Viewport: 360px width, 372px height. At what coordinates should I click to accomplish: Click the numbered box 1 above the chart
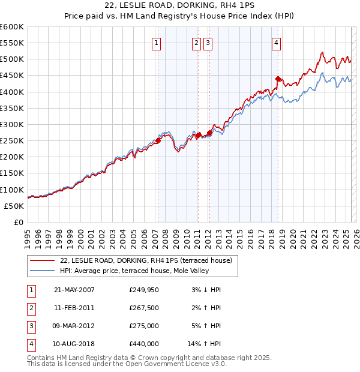tap(156, 42)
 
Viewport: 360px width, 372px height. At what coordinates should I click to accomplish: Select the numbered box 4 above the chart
tap(276, 42)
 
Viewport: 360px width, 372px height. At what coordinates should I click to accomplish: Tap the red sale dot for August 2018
tap(278, 79)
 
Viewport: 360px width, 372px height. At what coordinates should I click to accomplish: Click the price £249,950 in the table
tap(144, 290)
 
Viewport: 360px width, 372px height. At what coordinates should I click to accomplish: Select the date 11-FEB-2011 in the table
tap(74, 308)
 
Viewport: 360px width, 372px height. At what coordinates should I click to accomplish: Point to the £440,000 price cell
tap(144, 344)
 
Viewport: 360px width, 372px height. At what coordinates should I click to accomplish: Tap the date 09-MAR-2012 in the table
tap(74, 326)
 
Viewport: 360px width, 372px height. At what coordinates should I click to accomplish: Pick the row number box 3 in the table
tap(31, 326)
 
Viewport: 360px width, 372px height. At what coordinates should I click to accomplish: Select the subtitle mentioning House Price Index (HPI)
tap(179, 17)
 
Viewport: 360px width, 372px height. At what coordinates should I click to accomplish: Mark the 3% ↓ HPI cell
tap(206, 290)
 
